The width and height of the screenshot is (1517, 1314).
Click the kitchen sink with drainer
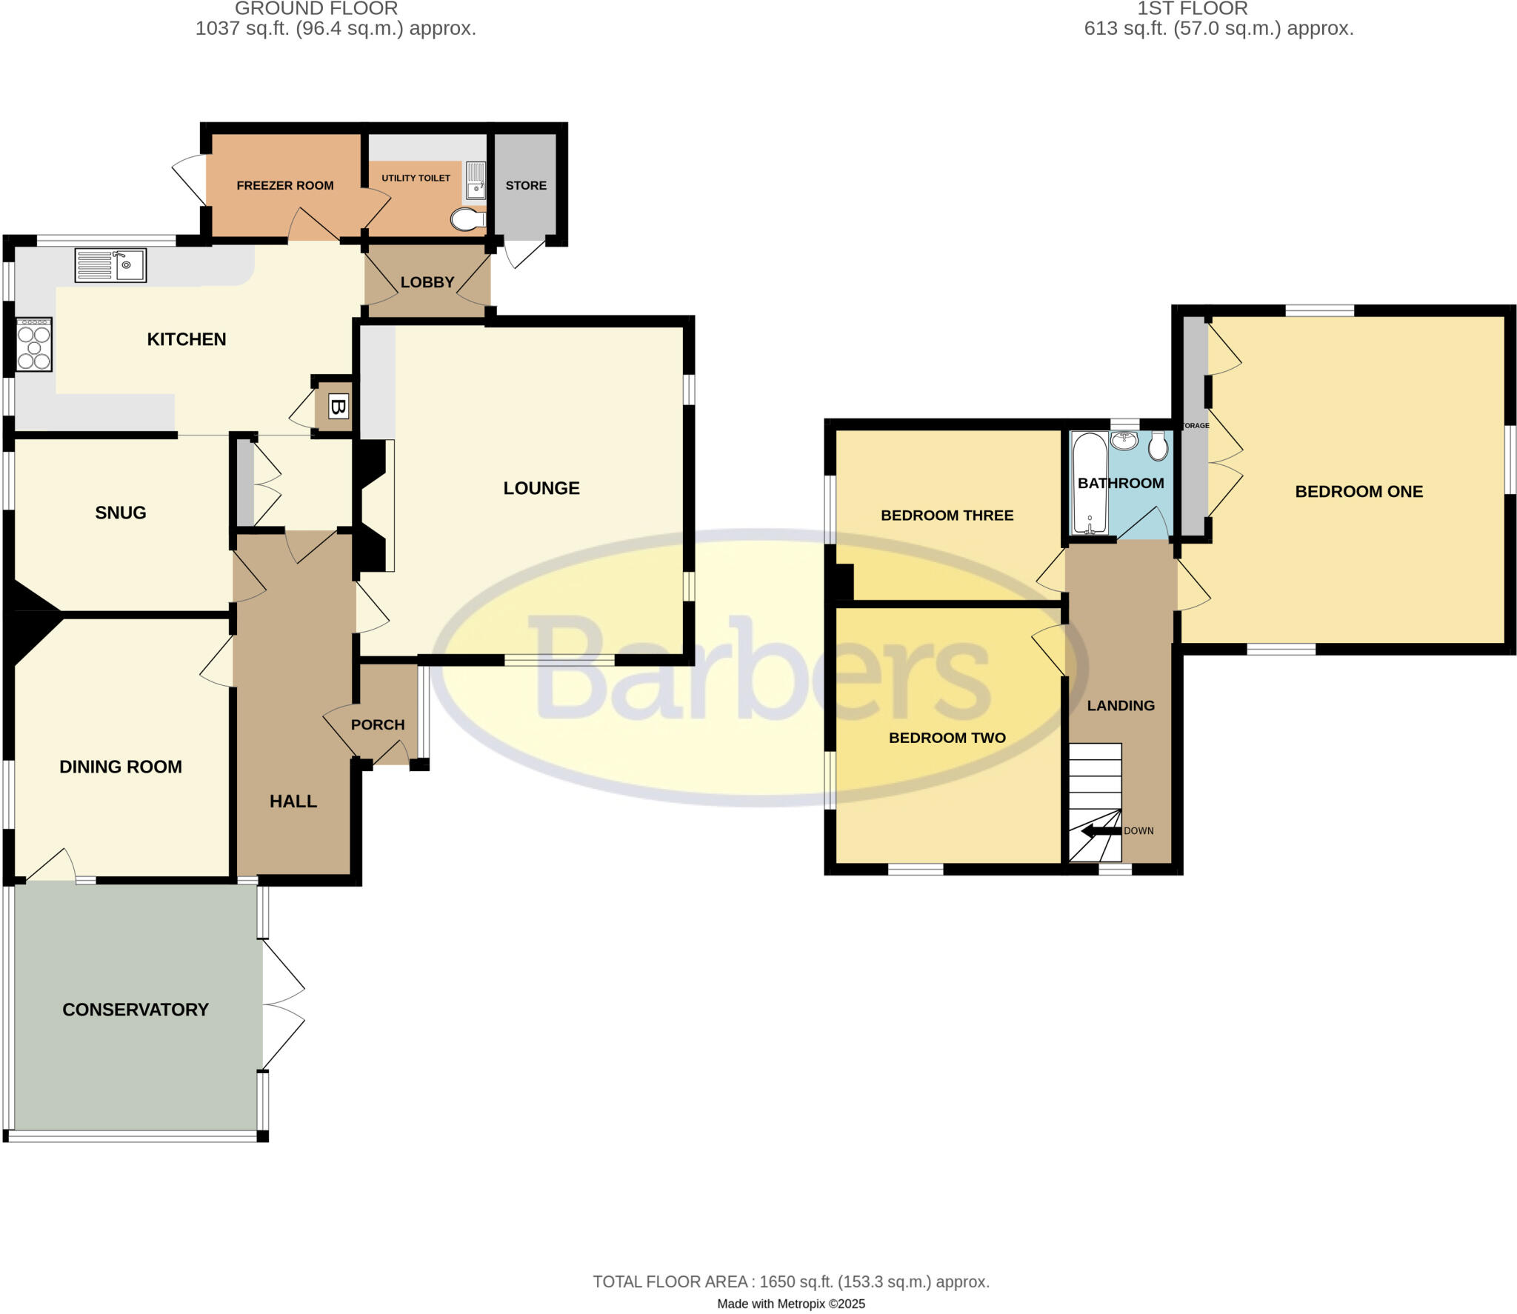(x=110, y=265)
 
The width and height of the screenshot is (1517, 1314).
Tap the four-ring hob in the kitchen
(x=34, y=344)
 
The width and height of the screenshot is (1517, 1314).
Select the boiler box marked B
(x=338, y=407)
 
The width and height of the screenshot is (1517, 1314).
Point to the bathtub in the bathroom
(x=1090, y=483)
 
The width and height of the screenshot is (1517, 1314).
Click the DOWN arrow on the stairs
(x=1101, y=831)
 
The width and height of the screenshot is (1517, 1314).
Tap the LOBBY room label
(x=427, y=282)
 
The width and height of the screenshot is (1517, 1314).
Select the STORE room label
(x=526, y=185)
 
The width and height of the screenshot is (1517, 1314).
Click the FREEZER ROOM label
(x=285, y=185)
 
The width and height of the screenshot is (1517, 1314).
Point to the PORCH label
(x=378, y=724)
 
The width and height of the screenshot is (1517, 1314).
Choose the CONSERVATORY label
(x=136, y=1010)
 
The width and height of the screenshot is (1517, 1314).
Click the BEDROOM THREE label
(x=947, y=516)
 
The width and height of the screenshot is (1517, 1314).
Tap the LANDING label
(x=1121, y=705)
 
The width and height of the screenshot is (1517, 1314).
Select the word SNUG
(x=121, y=513)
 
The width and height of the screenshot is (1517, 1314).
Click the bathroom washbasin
(x=1124, y=441)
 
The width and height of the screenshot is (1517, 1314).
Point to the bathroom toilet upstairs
(x=1158, y=445)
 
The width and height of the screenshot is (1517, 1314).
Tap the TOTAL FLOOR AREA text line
(x=791, y=1282)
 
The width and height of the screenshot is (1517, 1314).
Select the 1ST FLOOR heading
(x=1193, y=9)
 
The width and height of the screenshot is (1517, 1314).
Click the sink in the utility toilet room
(x=476, y=182)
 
